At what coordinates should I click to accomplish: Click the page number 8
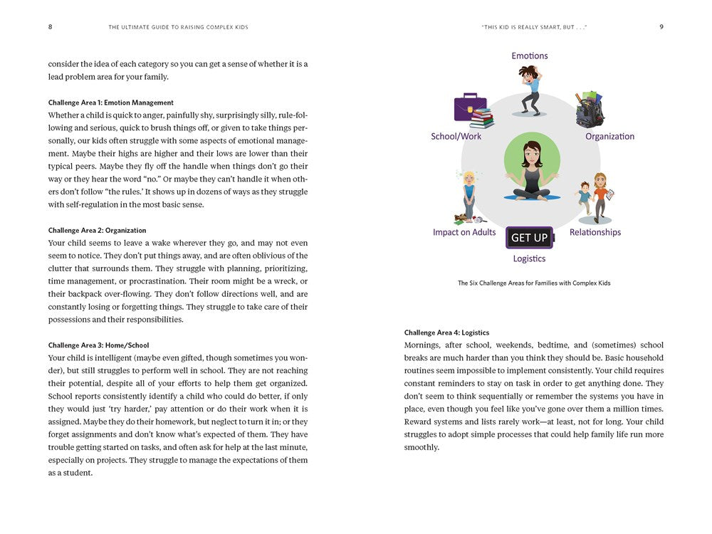point(50,27)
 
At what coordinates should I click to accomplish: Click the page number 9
point(661,27)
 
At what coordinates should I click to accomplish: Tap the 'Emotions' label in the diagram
point(530,56)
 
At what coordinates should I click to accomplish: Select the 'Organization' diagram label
point(609,136)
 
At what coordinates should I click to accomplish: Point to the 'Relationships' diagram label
point(595,232)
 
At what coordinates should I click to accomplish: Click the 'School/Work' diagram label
point(456,136)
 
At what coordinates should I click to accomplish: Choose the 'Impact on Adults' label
point(464,232)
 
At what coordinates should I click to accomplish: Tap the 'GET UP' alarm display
point(530,238)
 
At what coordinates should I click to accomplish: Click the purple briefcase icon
point(469,107)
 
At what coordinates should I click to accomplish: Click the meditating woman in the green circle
point(530,172)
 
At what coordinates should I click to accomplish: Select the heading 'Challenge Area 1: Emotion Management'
point(111,103)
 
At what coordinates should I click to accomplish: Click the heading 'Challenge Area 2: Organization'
point(98,230)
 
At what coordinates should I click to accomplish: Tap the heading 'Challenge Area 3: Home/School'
point(99,345)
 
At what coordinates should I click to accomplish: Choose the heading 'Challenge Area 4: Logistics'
point(446,333)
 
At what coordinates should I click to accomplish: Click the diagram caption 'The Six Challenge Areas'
point(534,283)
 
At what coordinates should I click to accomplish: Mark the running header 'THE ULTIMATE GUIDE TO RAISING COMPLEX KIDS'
point(178,27)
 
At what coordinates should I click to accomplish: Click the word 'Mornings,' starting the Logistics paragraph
point(424,345)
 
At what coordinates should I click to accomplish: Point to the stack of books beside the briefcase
point(482,118)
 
